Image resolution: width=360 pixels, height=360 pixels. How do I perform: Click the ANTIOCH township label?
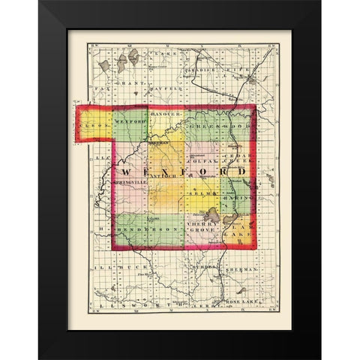(x=164, y=177)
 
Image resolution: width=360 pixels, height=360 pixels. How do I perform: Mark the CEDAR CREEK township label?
(x=242, y=160)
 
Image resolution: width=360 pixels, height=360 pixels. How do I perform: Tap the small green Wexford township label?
(x=129, y=118)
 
